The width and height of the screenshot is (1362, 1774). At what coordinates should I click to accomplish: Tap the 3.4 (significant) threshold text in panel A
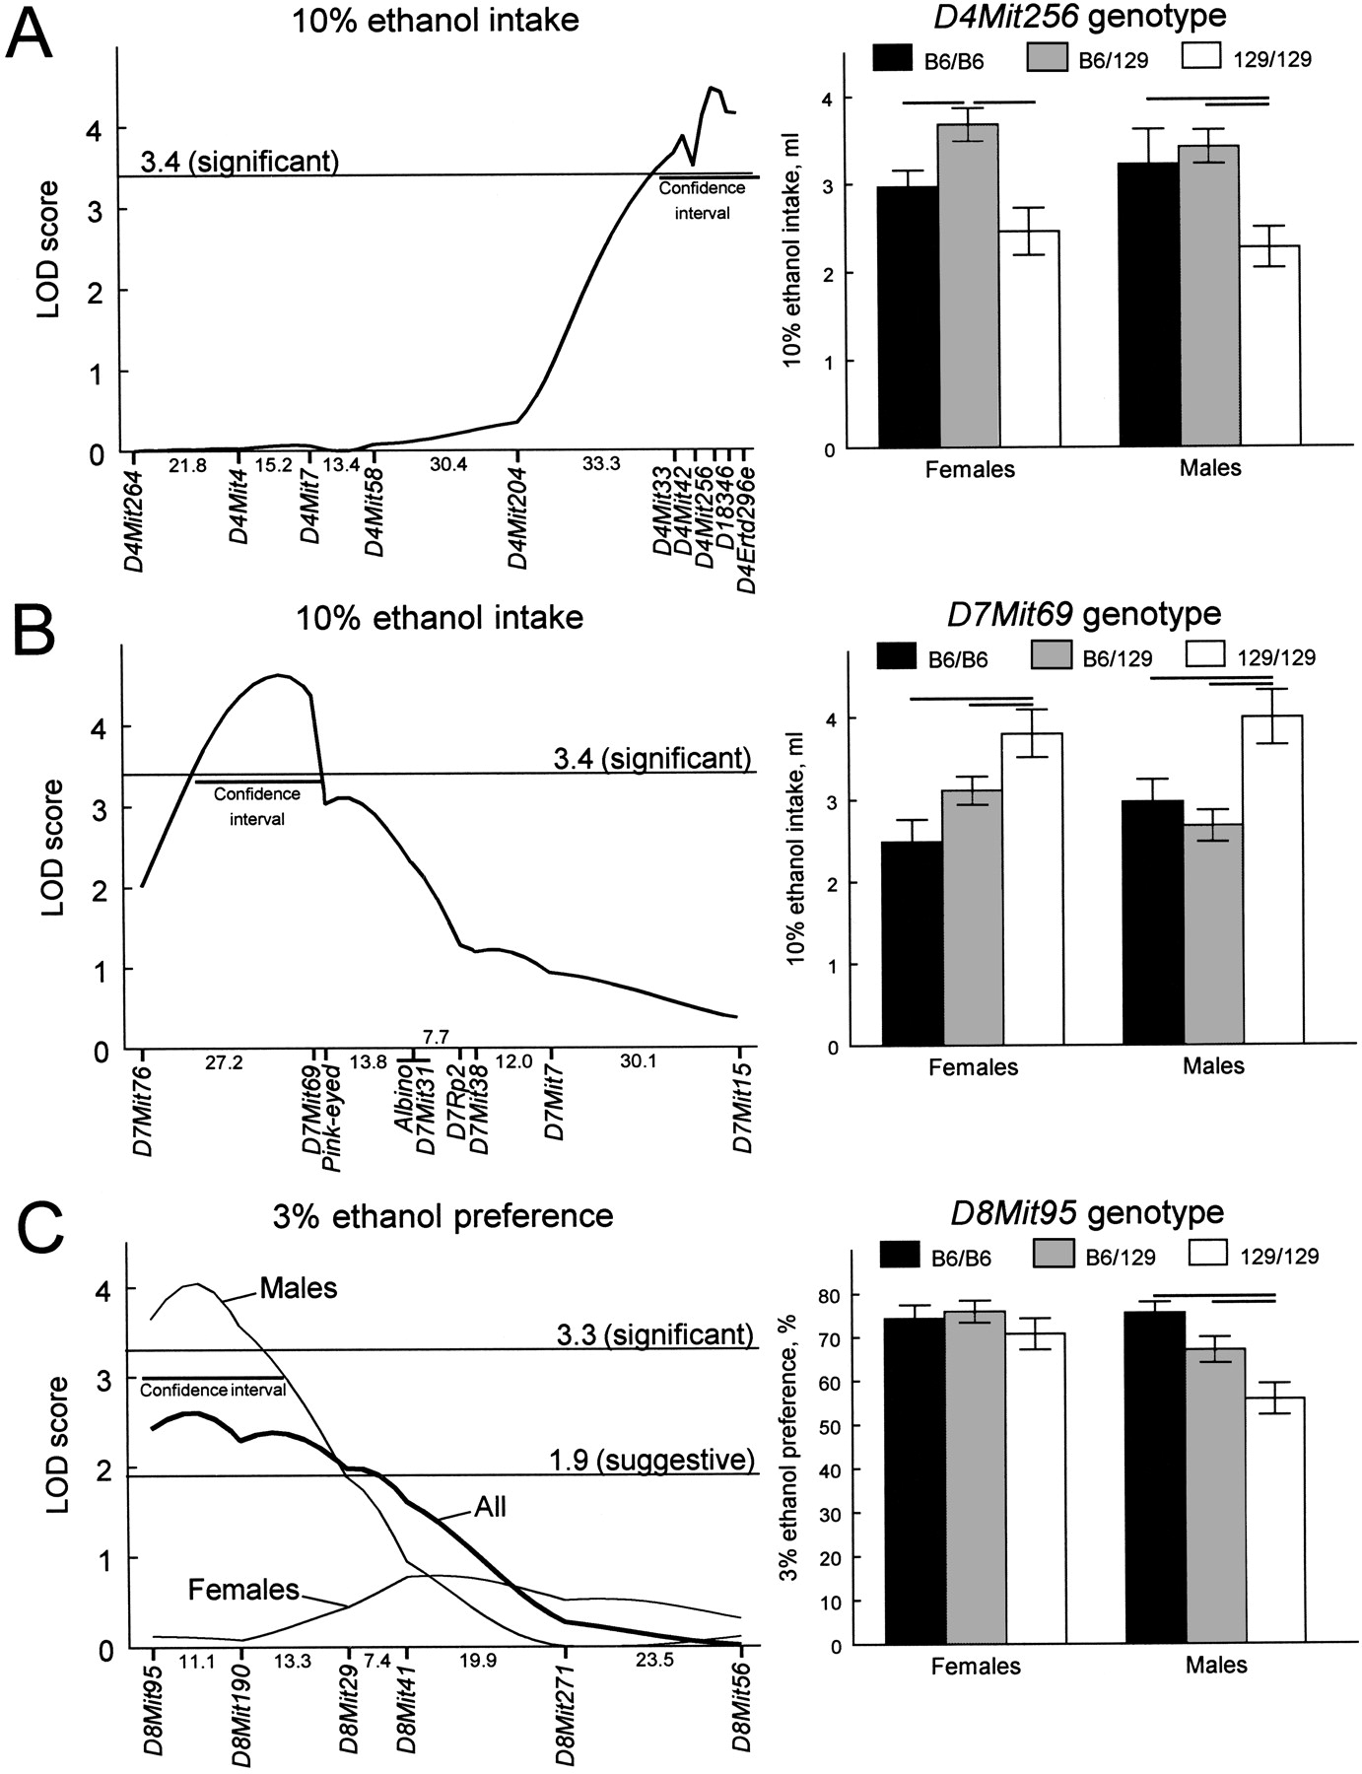[x=239, y=161]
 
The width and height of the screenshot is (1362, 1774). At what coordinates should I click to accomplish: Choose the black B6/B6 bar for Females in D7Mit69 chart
[x=913, y=943]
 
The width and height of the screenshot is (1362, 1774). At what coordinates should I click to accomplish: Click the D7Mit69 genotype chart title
[x=1084, y=615]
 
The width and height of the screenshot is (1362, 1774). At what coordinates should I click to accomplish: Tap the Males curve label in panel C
[x=298, y=1287]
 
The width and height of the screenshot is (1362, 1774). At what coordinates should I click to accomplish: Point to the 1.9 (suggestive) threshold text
[x=653, y=1459]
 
